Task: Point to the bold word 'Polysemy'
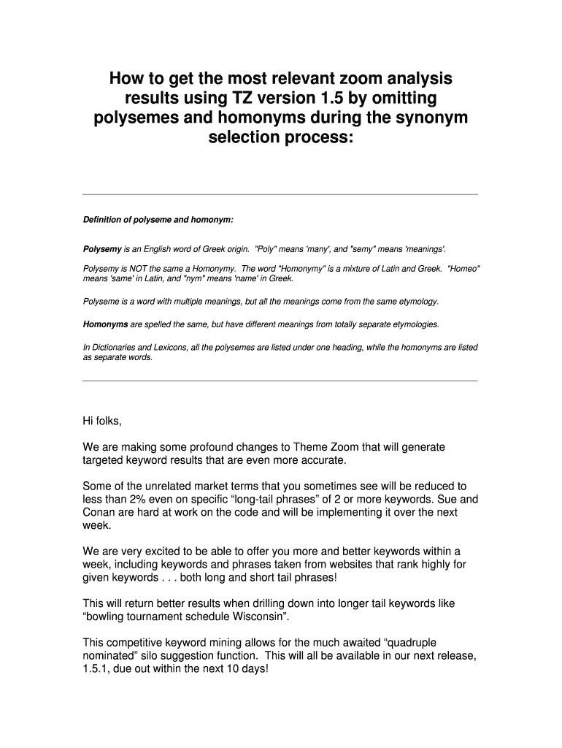tap(102, 248)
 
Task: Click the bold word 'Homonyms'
tap(105, 323)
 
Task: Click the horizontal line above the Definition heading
tap(280, 194)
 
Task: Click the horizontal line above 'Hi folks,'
tap(280, 381)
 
